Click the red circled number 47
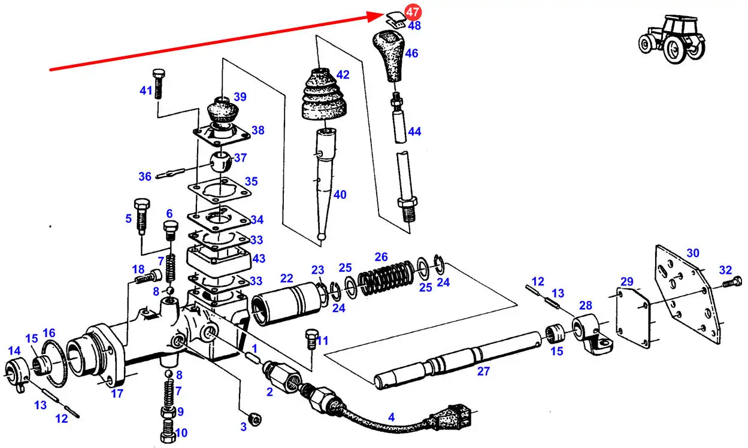point(413,12)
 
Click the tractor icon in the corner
point(670,39)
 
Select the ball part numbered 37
point(220,161)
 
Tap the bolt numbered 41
point(158,83)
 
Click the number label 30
point(692,253)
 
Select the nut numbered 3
point(254,419)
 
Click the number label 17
point(117,393)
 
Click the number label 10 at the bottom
point(181,433)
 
